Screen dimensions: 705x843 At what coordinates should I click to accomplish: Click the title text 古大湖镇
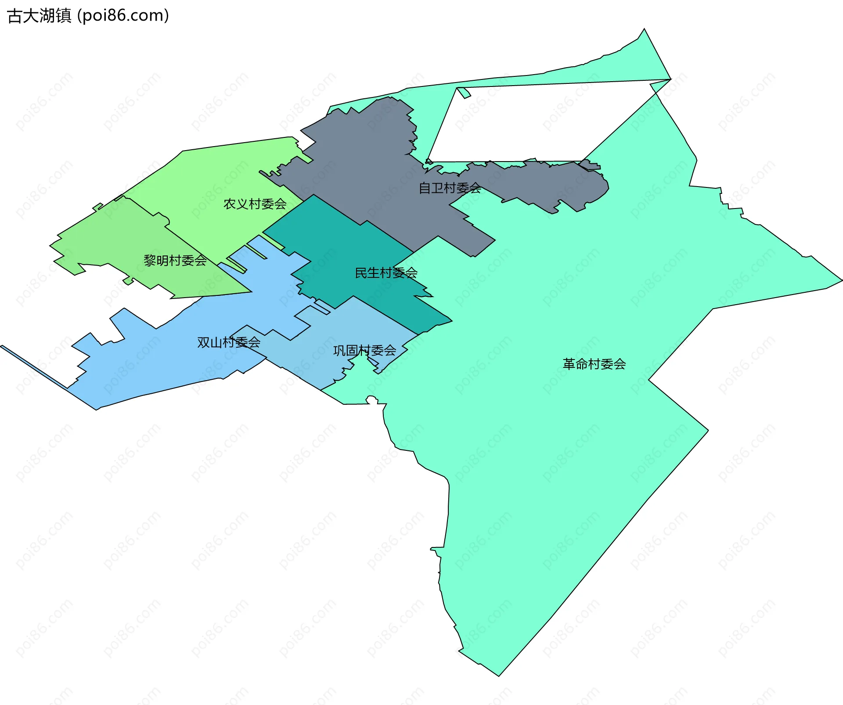[x=40, y=16]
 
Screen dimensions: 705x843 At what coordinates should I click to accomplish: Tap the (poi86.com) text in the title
[x=123, y=16]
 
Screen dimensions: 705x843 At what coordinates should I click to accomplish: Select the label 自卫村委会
[x=450, y=188]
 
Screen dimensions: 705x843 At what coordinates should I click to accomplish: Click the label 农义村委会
[x=255, y=204]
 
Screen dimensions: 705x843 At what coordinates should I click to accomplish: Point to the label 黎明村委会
[x=175, y=261]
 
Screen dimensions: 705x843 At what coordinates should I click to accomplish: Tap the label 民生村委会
[x=386, y=273]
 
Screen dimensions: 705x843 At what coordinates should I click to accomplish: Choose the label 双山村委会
[x=228, y=342]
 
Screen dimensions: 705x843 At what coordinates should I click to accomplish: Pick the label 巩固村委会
[x=364, y=351]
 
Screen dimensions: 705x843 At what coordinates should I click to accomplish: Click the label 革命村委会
[x=594, y=364]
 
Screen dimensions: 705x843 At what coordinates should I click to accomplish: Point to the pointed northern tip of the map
[x=644, y=31]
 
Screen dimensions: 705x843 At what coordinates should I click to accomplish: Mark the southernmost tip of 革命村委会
[x=498, y=675]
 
